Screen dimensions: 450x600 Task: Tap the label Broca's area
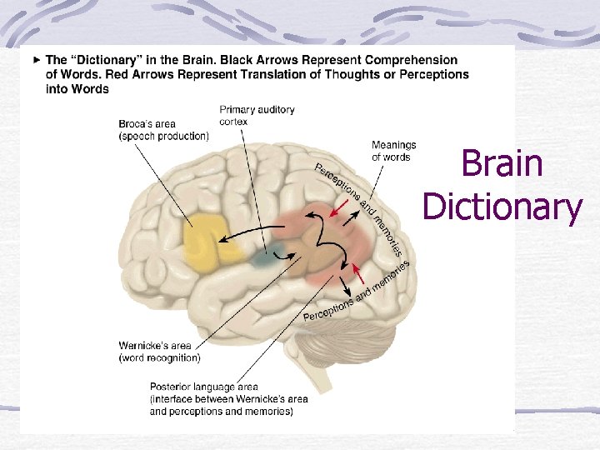point(147,125)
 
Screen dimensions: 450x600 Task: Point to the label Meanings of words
point(393,151)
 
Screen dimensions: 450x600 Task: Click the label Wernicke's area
point(154,346)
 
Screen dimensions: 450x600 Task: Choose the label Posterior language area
point(203,387)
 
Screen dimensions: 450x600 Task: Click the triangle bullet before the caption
point(36,60)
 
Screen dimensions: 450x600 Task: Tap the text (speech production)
point(163,137)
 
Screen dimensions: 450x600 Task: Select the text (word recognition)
point(159,358)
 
